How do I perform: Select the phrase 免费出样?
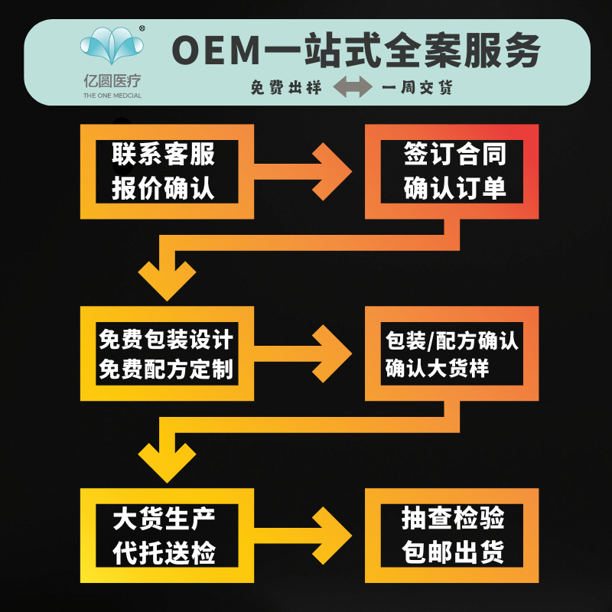click(283, 88)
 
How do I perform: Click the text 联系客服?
click(164, 155)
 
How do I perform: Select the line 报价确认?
click(164, 187)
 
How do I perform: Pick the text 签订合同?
click(454, 155)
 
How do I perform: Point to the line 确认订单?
click(454, 188)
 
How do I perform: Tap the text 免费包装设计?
click(165, 338)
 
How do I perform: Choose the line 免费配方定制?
click(165, 369)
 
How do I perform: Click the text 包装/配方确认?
click(451, 339)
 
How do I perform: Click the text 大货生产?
click(164, 519)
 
